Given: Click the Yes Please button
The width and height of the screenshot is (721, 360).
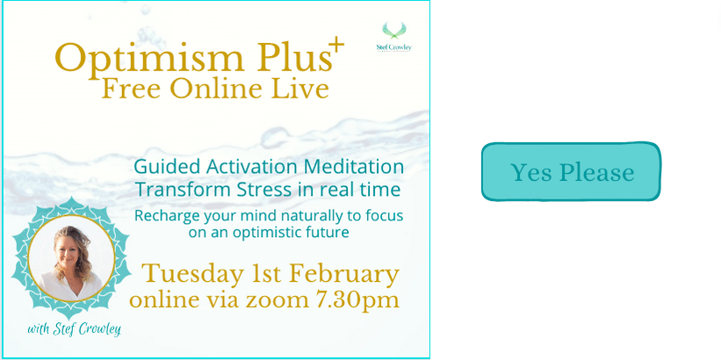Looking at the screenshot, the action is (x=571, y=171).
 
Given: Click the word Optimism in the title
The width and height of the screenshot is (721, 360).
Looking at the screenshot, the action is (x=149, y=59).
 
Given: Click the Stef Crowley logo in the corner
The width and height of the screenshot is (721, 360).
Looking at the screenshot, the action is (x=393, y=37).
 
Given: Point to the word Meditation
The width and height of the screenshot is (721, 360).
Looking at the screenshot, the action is (x=354, y=167).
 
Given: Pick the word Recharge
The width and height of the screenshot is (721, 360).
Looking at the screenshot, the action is (x=163, y=216).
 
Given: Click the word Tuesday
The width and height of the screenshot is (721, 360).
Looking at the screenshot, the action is (x=192, y=275).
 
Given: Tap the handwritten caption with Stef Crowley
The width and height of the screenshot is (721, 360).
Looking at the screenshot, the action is (x=74, y=329).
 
